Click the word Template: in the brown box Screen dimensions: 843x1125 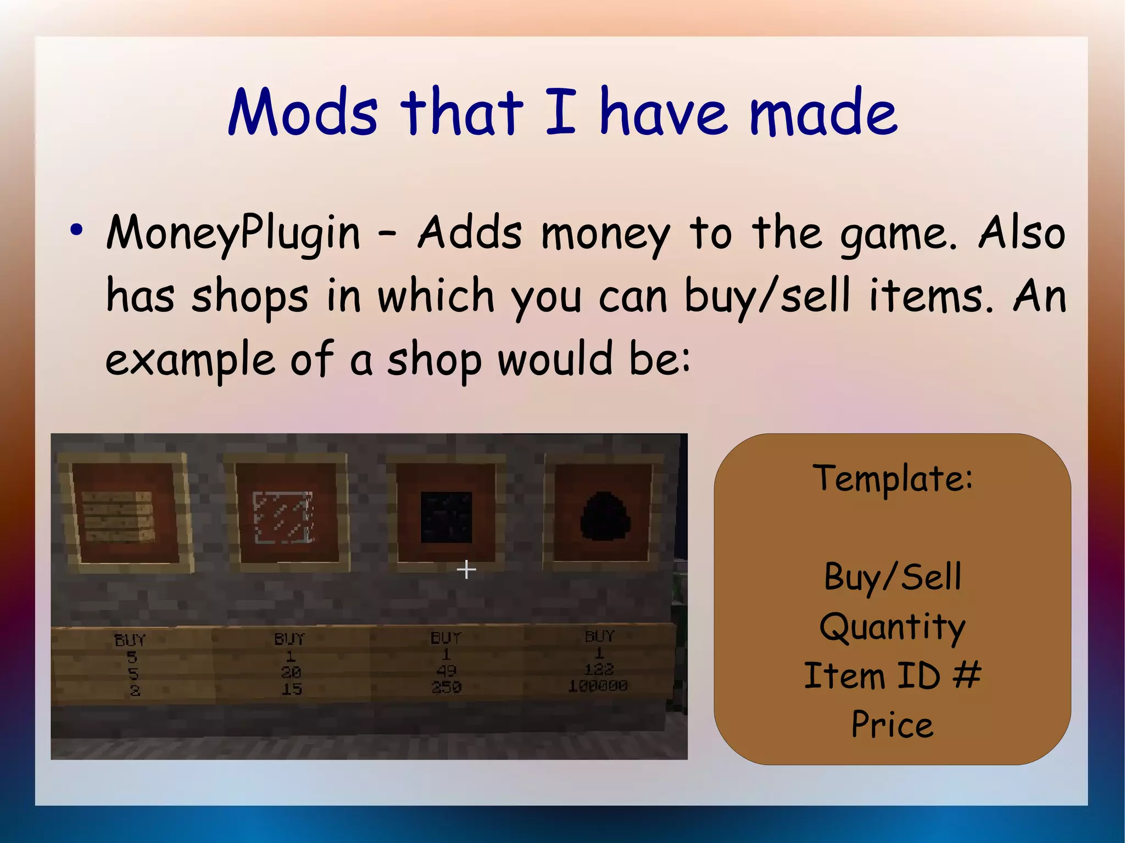[x=892, y=477]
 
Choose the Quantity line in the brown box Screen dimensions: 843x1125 [x=892, y=627]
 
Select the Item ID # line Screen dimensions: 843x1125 [x=892, y=675]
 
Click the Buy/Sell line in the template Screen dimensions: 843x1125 [x=892, y=577]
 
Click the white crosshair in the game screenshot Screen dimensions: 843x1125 [x=466, y=570]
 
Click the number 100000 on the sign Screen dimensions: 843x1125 [x=598, y=685]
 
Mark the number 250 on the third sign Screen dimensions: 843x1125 [x=446, y=687]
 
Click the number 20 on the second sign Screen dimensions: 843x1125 [x=291, y=672]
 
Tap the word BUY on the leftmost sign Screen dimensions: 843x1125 [x=130, y=640]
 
